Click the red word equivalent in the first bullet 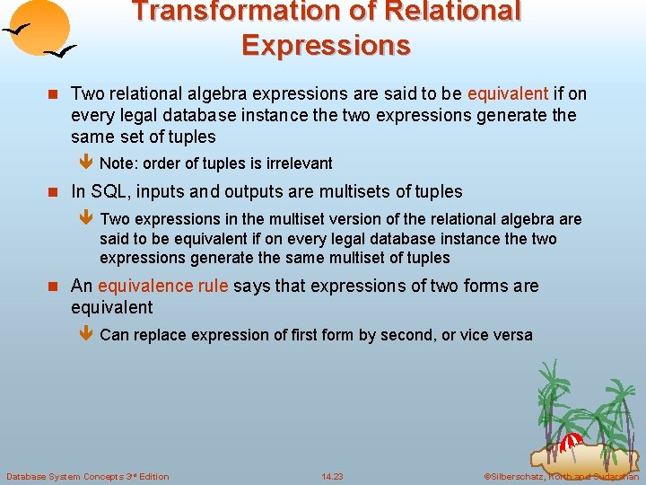coord(508,93)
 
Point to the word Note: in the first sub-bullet coord(118,163)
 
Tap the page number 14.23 coord(332,476)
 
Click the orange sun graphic coord(41,28)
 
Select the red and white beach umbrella coord(572,442)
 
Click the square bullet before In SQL coord(54,192)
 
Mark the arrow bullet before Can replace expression coord(85,335)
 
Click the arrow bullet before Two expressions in coord(85,219)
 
